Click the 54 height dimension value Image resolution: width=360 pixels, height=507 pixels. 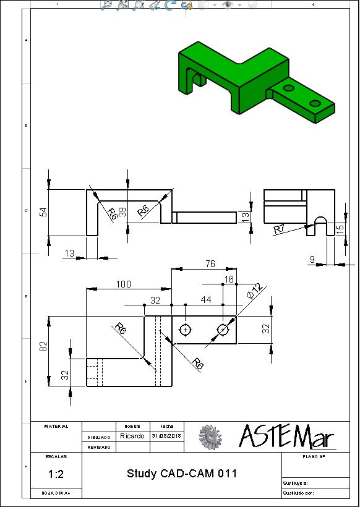click(x=43, y=212)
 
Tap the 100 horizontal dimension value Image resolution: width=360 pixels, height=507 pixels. click(x=124, y=284)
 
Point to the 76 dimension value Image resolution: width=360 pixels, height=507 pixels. click(x=209, y=264)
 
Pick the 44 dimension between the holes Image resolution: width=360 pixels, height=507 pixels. click(x=205, y=300)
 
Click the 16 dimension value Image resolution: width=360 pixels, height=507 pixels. click(x=229, y=279)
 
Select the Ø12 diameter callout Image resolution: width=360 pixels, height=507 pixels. click(x=255, y=291)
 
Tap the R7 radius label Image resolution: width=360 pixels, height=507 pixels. click(x=280, y=229)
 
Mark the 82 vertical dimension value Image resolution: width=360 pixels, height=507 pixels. click(x=43, y=347)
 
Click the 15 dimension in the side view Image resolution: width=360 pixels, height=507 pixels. click(x=340, y=229)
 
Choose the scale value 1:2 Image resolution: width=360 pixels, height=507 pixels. click(x=55, y=475)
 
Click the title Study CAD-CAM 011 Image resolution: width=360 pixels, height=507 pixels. click(x=182, y=474)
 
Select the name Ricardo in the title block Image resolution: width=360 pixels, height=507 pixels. click(x=132, y=436)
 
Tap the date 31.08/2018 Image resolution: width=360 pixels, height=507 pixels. click(x=166, y=436)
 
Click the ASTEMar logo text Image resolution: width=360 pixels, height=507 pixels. click(x=286, y=437)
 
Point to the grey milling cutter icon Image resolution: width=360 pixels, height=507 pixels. click(x=210, y=437)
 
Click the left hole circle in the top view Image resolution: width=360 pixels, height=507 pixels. click(x=184, y=330)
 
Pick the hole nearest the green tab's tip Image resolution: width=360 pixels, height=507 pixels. click(x=315, y=103)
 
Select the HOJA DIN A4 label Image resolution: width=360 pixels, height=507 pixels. click(x=55, y=493)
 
